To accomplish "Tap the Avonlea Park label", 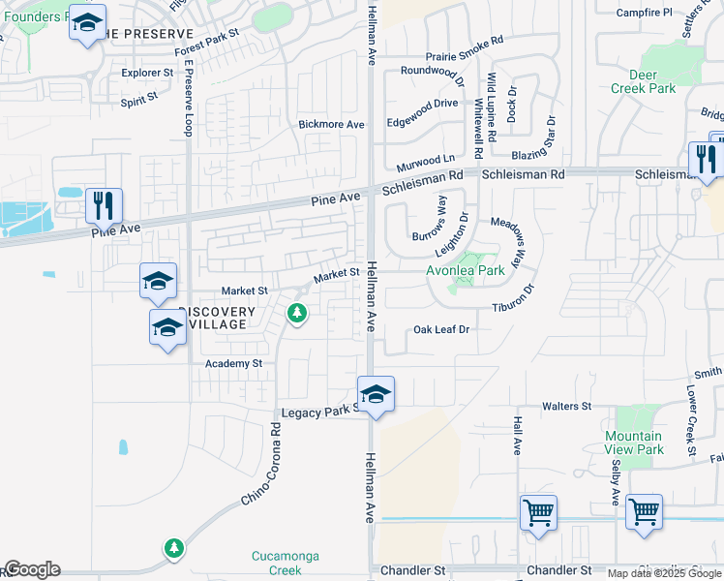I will click(466, 271).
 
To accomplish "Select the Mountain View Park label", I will click(633, 443).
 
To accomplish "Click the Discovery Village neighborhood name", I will click(217, 318).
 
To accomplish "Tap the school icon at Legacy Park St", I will click(376, 394).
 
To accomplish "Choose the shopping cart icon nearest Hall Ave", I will click(538, 511).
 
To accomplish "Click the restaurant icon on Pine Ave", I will click(104, 205).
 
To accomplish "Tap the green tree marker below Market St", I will click(297, 314).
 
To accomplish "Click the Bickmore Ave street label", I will click(331, 124).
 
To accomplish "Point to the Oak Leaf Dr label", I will click(441, 329).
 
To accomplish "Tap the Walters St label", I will click(566, 406).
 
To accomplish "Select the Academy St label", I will click(233, 363).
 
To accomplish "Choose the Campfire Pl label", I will click(644, 13).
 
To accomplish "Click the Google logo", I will click(31, 569).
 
